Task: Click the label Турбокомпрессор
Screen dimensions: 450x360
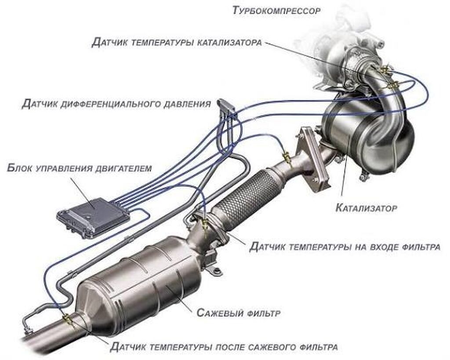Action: pos(276,11)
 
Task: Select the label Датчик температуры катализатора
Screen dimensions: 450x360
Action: pos(177,43)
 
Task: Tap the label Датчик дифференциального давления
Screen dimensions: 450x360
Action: pos(116,104)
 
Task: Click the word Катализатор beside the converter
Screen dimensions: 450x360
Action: pos(366,208)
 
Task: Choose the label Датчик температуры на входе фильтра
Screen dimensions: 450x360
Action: pos(345,246)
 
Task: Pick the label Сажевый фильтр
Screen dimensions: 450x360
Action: pos(238,313)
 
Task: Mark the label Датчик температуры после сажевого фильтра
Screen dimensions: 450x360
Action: pos(224,347)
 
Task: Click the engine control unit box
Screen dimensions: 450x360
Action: pos(93,217)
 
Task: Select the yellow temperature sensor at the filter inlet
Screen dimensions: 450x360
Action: pos(205,223)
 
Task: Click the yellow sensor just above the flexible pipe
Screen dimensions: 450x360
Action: pos(287,157)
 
